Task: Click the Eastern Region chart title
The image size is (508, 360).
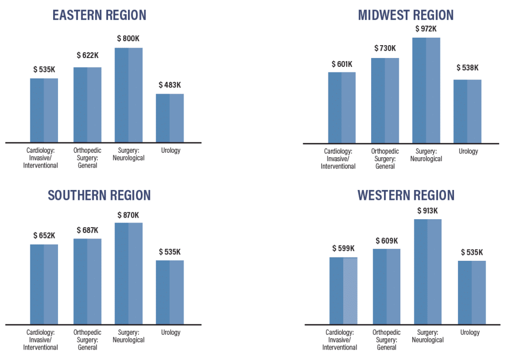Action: (x=99, y=15)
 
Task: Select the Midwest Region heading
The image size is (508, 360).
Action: (x=406, y=15)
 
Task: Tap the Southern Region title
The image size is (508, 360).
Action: (x=99, y=195)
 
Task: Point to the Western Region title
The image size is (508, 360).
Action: (x=406, y=195)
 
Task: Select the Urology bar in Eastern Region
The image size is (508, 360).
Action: (x=170, y=118)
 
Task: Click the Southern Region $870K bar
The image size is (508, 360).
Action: (x=128, y=273)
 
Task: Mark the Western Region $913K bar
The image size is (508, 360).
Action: (x=428, y=272)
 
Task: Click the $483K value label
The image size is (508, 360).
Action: (x=170, y=85)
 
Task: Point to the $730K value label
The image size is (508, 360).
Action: (x=384, y=48)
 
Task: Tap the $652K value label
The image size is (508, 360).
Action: (x=44, y=235)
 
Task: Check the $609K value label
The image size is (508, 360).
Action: (x=386, y=240)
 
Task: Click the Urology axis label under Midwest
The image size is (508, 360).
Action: (x=468, y=151)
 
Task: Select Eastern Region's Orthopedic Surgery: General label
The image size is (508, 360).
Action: (x=87, y=158)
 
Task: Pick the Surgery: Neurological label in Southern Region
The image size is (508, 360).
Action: (x=128, y=336)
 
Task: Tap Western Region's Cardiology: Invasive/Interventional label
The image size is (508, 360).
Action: (x=340, y=340)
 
